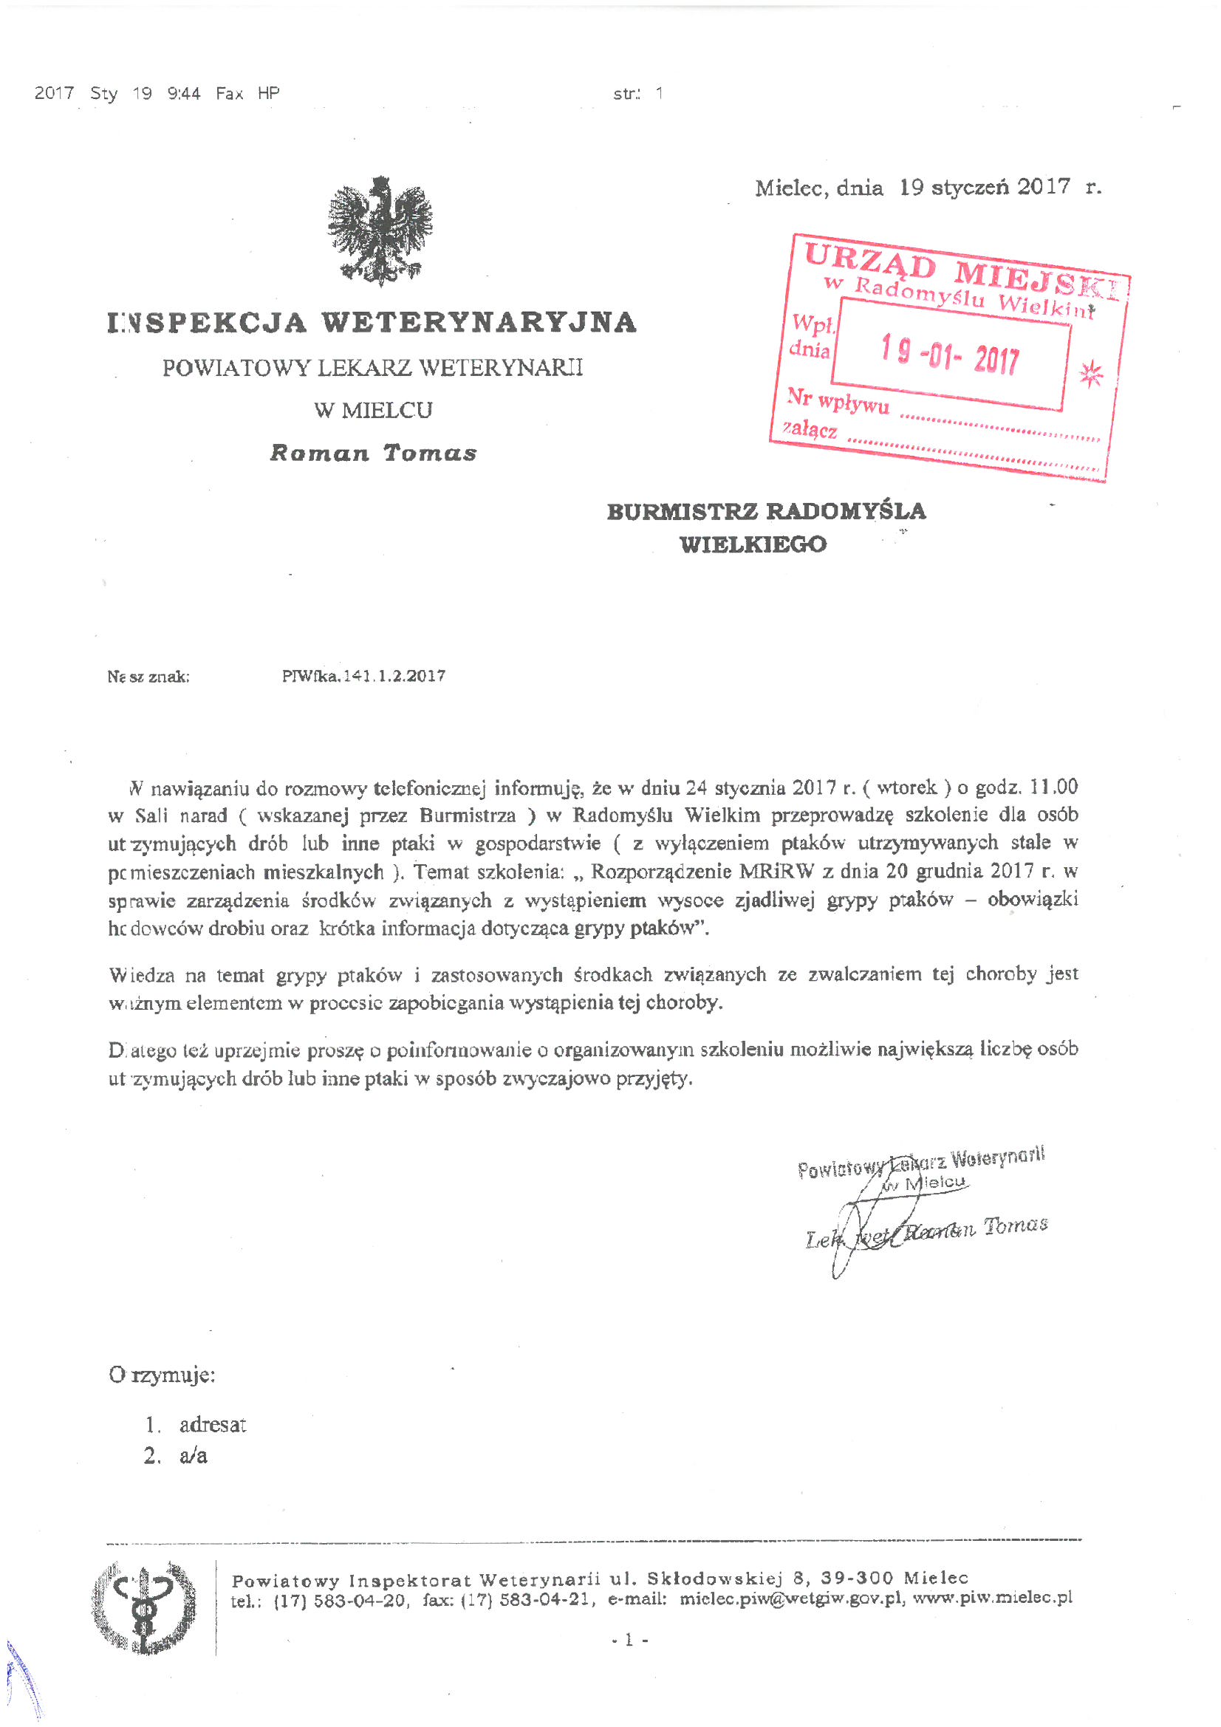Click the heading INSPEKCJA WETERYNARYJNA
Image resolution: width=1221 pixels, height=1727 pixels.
tap(372, 323)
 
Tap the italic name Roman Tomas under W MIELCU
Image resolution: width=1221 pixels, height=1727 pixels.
tap(373, 453)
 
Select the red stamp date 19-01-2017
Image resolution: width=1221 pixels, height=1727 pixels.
tap(950, 355)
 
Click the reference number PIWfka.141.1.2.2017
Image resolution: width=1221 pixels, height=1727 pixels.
tap(363, 675)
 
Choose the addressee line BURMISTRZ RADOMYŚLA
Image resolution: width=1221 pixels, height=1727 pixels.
tap(766, 511)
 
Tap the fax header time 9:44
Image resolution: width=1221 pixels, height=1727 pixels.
tap(185, 93)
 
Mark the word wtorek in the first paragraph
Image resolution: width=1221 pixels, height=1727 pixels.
tap(906, 787)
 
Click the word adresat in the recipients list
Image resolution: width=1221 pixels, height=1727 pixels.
tap(212, 1425)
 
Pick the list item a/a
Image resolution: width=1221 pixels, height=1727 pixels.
tap(194, 1455)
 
